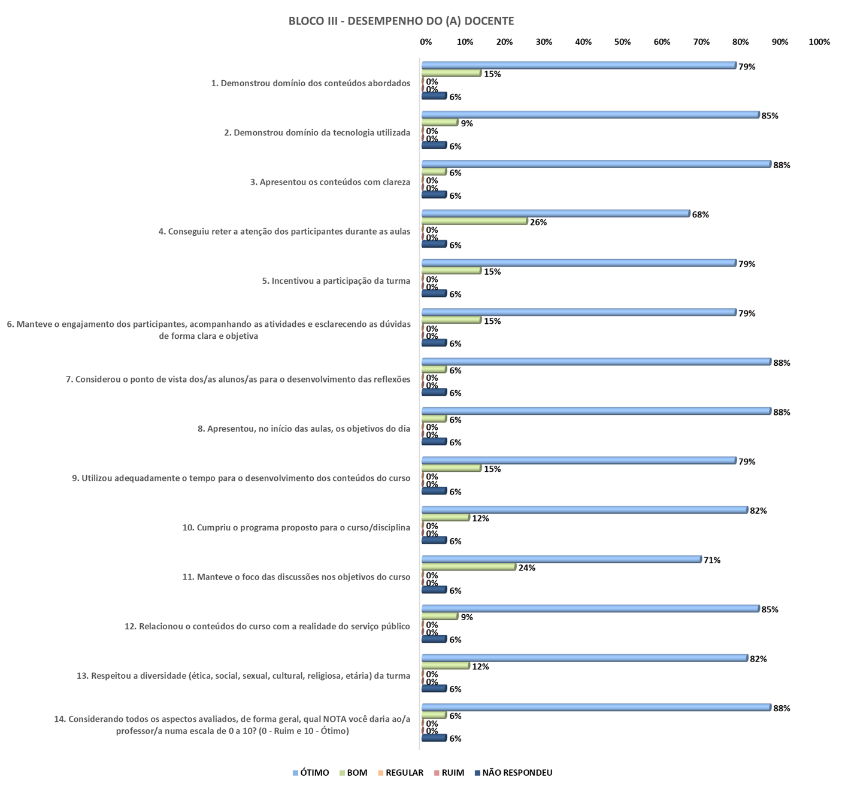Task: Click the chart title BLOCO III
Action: click(401, 21)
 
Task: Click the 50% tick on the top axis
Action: click(622, 42)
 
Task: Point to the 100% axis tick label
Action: click(819, 42)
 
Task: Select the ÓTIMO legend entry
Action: click(311, 773)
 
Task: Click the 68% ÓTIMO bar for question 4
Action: click(556, 214)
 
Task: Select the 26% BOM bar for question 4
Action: click(474, 221)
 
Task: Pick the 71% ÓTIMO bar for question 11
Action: click(561, 559)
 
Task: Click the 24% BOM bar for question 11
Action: click(469, 567)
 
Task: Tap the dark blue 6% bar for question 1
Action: click(434, 96)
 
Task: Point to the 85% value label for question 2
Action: click(770, 116)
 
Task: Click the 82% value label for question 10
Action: click(758, 511)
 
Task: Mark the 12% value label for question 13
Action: click(480, 666)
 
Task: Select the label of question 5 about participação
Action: click(336, 281)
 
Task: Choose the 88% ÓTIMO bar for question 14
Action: click(596, 708)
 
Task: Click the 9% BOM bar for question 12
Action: click(440, 616)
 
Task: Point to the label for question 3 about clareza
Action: click(330, 182)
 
